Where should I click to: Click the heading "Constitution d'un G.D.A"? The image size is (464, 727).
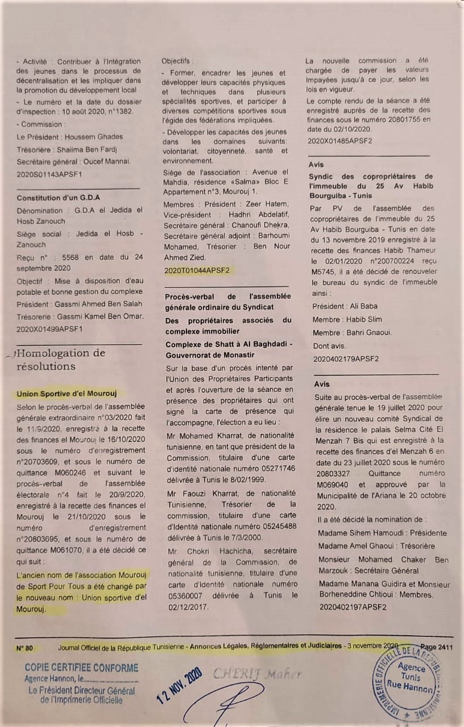click(59, 198)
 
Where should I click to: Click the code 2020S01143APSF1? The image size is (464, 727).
click(50, 174)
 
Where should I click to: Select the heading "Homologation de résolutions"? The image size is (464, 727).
click(61, 360)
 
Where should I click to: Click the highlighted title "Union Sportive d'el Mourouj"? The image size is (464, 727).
click(67, 393)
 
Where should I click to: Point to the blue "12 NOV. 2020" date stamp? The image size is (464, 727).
click(179, 685)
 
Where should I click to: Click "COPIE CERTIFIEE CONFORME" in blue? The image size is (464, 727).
click(81, 667)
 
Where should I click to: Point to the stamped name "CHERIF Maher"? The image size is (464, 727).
click(257, 674)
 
